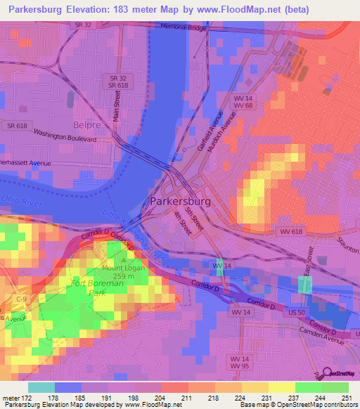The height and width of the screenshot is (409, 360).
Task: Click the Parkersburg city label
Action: pos(181,201)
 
